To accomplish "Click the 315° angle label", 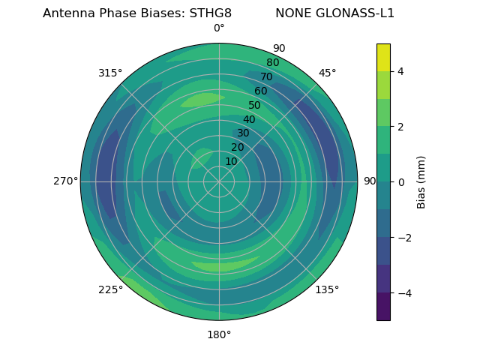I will coord(110,73).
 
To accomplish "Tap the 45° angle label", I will coord(327,73).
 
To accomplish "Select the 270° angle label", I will coord(65,181).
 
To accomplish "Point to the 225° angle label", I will coord(110,289).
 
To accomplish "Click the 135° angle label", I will coord(327,289).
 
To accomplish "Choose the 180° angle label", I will coord(219,334).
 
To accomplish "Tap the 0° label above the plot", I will coord(219,28).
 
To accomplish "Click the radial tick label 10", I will coord(231,161).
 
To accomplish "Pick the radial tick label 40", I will coord(249,119).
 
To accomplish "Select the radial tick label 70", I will coord(266,76).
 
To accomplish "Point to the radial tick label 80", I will coord(272,62).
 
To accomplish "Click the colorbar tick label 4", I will coord(401,71).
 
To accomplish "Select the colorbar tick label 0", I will coord(401,182).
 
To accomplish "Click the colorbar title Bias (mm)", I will coord(421,182).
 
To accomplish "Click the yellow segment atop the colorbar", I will coord(383,57).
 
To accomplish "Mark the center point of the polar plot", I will coord(219,181).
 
